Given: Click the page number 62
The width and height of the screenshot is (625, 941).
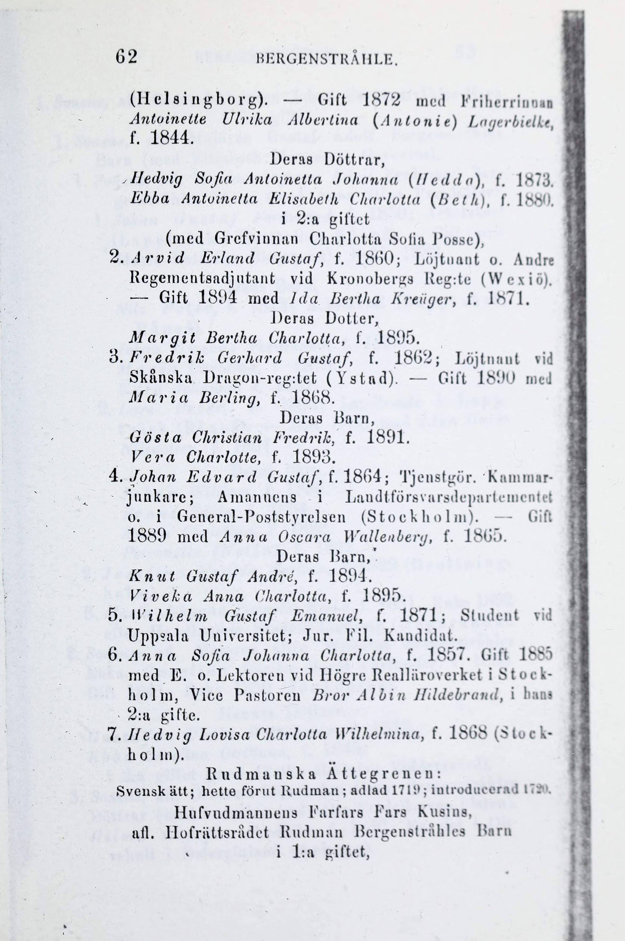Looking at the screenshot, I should click(x=126, y=57).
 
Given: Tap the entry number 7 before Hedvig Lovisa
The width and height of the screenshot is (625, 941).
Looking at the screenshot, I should click(x=115, y=734).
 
